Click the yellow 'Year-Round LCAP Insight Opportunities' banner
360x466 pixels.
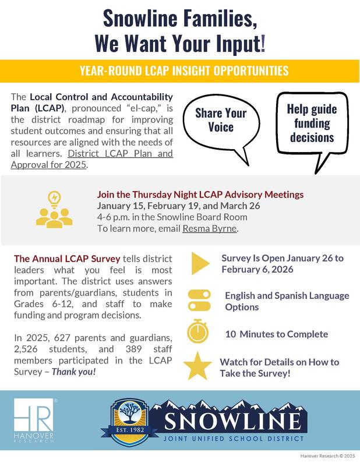180,71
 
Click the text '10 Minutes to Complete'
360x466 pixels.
276,334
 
